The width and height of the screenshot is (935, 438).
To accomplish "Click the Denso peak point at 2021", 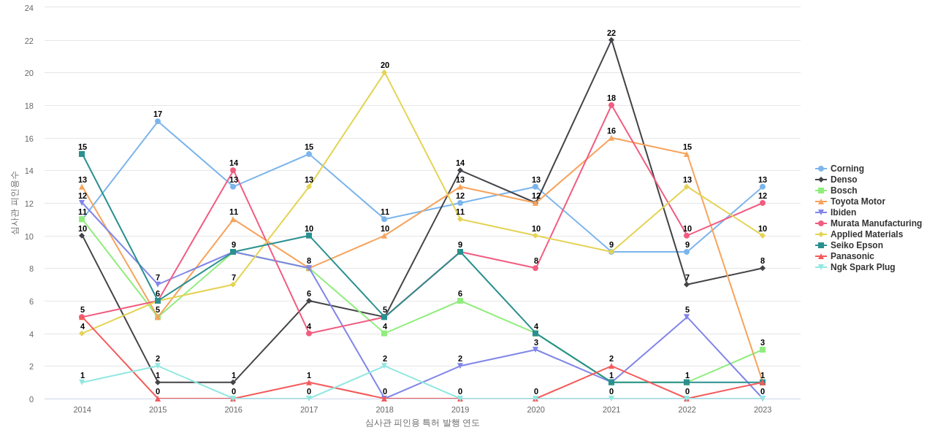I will [611, 40].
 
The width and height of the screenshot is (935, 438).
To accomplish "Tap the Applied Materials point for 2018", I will [384, 72].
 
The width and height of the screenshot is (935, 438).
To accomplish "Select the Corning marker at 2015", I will [158, 121].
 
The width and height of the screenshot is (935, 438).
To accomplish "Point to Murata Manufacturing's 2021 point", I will [611, 105].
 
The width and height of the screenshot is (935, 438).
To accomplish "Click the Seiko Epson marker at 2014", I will [82, 154].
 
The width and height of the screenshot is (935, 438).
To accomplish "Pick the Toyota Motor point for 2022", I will [687, 154].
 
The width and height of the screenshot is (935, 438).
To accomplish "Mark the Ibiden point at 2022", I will [687, 317].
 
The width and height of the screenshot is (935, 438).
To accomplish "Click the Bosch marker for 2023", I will [763, 350].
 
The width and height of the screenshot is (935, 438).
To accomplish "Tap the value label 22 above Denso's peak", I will [611, 33].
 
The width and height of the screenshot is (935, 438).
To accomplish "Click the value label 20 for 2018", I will [385, 65].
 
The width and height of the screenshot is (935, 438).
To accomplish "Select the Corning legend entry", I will [847, 169].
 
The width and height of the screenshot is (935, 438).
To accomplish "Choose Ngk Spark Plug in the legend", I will [862, 267].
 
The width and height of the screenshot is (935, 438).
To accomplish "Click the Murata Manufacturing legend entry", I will [876, 223].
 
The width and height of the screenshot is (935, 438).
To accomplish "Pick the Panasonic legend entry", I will [852, 256].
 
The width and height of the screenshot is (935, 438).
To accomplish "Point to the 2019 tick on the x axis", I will [460, 410].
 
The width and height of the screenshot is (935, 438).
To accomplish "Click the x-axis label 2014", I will [83, 410].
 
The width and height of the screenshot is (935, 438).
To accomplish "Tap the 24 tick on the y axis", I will [29, 8].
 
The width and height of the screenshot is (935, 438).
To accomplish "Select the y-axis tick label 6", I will [31, 301].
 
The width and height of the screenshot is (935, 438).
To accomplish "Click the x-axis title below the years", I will [422, 423].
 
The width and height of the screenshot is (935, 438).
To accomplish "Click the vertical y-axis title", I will [15, 203].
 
